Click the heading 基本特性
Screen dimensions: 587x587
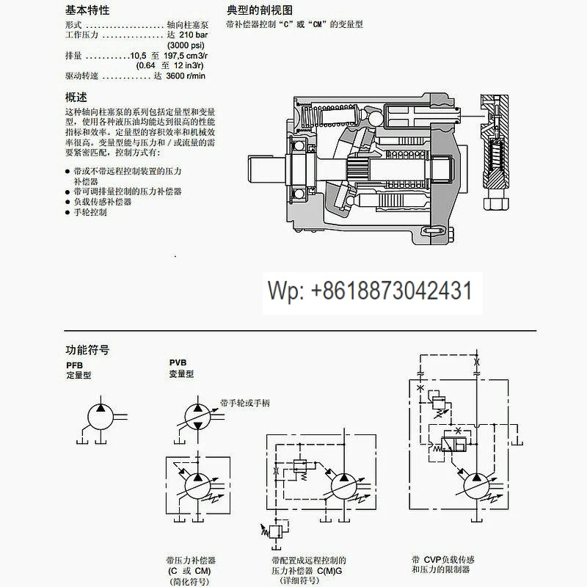coord(87,10)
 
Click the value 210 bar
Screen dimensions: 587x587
coord(193,34)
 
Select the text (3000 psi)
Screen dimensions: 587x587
coord(186,45)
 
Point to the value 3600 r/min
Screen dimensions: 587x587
coord(186,76)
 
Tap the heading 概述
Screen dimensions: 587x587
coord(76,98)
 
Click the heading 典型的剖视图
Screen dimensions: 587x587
coord(260,10)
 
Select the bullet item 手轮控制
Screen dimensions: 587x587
coord(90,212)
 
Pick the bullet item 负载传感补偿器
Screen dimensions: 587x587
coord(102,202)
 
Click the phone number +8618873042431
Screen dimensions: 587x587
coord(392,291)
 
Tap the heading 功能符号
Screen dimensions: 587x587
coord(87,350)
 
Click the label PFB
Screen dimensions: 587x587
coord(75,365)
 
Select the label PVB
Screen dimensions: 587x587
coord(178,362)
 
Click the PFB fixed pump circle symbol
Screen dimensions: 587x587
coord(101,417)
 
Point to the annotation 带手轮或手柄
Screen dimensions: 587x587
coord(245,403)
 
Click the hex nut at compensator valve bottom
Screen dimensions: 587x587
coord(496,204)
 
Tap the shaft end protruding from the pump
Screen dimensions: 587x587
coord(266,169)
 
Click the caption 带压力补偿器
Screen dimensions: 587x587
coord(191,561)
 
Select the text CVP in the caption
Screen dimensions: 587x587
coord(432,560)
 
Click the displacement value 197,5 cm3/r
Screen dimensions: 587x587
coord(186,56)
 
